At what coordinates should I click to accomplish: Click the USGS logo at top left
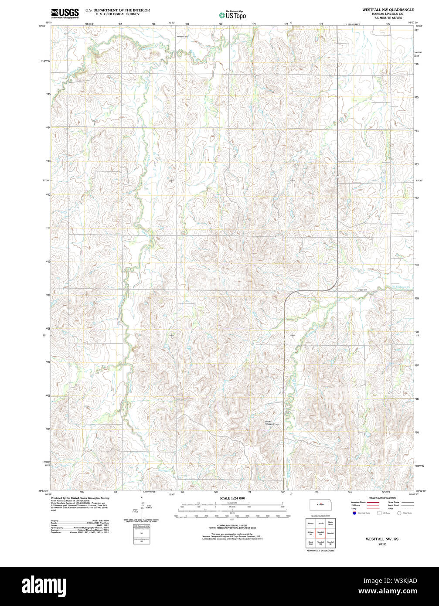[65, 14]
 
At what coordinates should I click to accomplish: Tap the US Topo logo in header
[232, 14]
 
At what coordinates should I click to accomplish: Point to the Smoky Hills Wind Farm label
[271, 422]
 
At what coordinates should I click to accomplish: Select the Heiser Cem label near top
[182, 36]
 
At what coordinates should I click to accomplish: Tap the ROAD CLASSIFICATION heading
[382, 498]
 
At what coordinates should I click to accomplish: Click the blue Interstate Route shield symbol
[354, 513]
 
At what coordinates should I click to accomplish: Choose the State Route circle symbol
[399, 513]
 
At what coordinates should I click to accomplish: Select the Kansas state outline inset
[320, 505]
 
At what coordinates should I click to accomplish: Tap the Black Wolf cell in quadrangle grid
[310, 543]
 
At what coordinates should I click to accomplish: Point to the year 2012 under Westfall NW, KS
[382, 545]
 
